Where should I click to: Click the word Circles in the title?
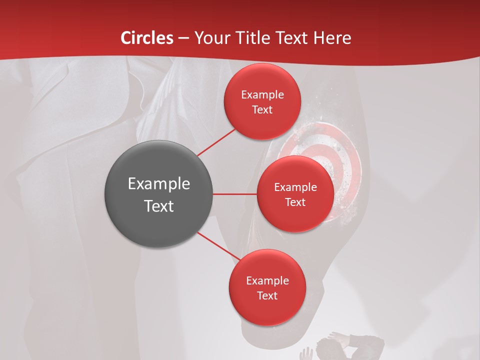(x=146, y=38)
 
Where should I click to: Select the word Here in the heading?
(x=332, y=38)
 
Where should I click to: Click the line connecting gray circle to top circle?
(x=216, y=142)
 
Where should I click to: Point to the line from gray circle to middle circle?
(x=234, y=194)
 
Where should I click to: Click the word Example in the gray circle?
(x=158, y=184)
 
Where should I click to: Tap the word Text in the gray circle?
(x=158, y=206)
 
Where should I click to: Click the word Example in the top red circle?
(x=262, y=94)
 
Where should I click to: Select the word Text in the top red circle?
(x=262, y=109)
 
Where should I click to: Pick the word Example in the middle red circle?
(x=295, y=187)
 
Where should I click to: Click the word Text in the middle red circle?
(x=295, y=202)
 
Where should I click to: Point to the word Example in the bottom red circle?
(x=267, y=280)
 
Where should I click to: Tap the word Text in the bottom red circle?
(x=267, y=295)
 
